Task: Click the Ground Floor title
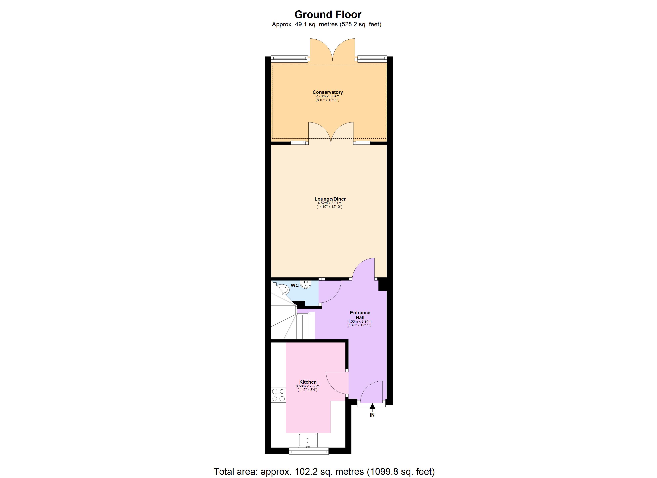point(328,15)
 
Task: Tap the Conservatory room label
point(328,92)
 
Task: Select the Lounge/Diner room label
point(330,199)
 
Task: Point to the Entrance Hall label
point(360,315)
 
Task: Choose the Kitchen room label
point(308,382)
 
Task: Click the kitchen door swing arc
point(336,383)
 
